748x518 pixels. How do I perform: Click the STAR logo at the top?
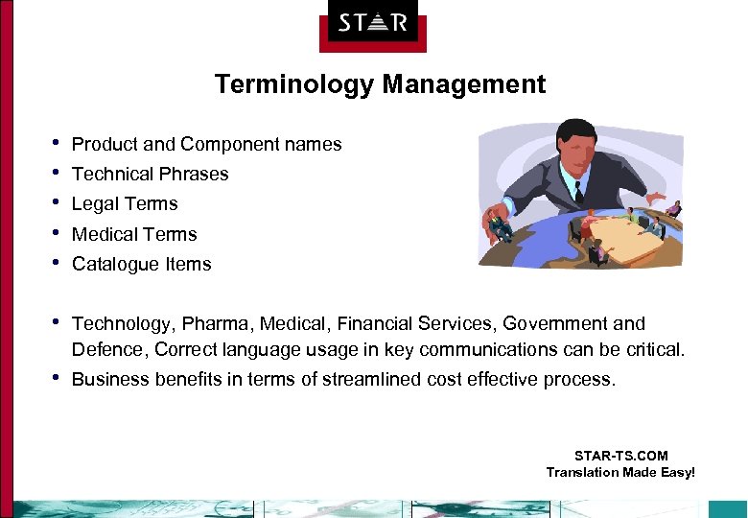click(373, 23)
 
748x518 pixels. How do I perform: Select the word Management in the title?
click(464, 84)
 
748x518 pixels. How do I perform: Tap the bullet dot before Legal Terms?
click(58, 202)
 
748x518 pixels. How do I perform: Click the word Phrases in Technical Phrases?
click(196, 174)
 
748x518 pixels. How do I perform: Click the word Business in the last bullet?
click(108, 379)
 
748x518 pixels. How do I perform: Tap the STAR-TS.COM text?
click(620, 456)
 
